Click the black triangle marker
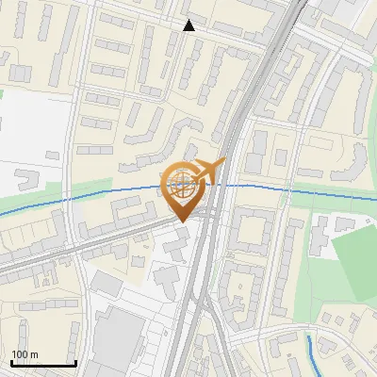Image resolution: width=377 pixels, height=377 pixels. pyautogui.click(x=189, y=25)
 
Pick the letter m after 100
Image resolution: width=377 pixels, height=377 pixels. pyautogui.click(x=35, y=354)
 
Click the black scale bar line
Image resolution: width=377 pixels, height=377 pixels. pyautogui.click(x=43, y=363)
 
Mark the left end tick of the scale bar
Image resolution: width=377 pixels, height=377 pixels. pyautogui.click(x=12, y=361)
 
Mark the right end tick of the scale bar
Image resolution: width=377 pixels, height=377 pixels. pyautogui.click(x=75, y=361)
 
